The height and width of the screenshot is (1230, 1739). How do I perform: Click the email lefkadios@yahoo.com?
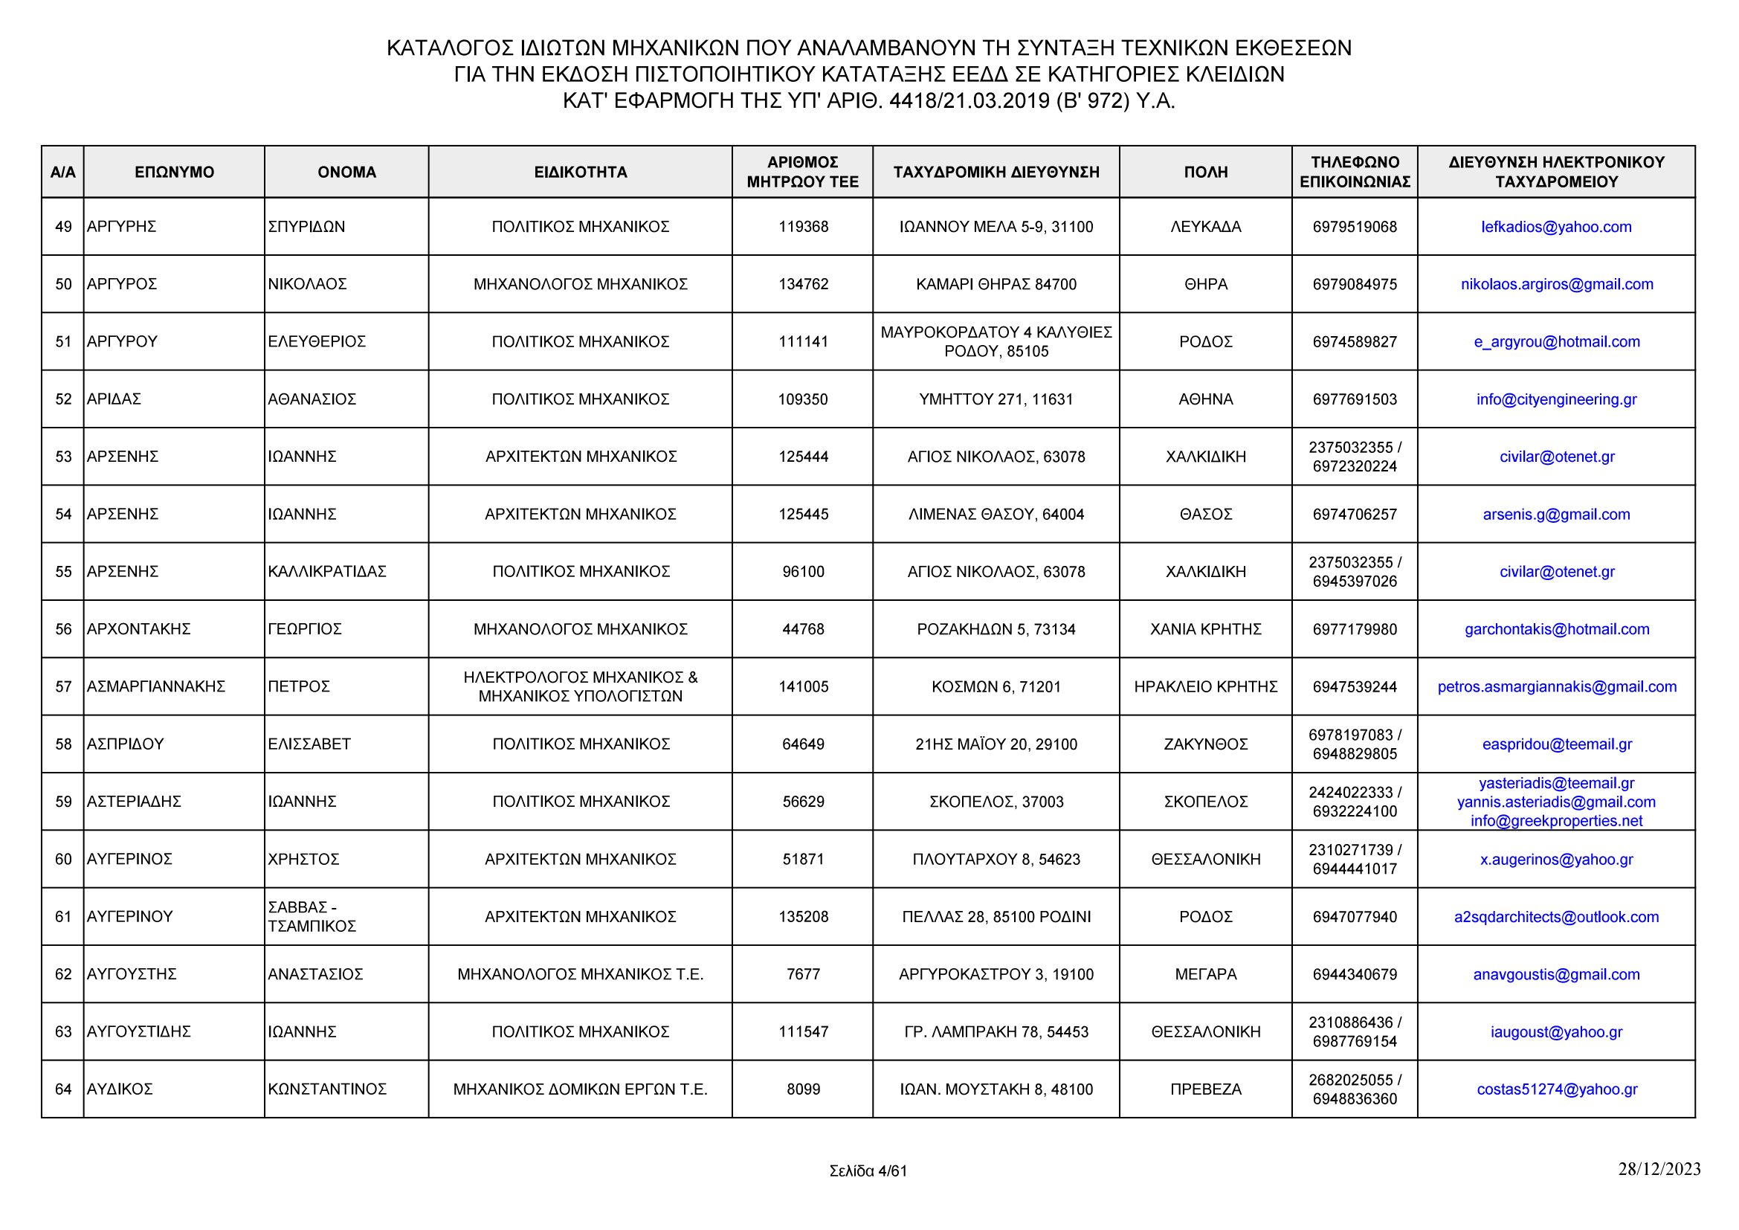(x=1555, y=228)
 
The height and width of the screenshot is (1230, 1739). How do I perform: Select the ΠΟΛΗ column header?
(x=1205, y=172)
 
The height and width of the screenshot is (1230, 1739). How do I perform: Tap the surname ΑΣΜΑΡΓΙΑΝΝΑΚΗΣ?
(x=156, y=687)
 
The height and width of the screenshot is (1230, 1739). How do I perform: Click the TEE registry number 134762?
(x=803, y=285)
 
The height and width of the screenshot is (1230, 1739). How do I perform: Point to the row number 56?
(x=63, y=629)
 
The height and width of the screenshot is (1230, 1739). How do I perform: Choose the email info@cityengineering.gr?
(x=1555, y=400)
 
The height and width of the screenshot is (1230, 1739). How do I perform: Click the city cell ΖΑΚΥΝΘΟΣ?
(x=1205, y=744)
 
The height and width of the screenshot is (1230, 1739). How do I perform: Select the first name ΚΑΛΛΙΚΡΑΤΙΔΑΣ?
(x=326, y=572)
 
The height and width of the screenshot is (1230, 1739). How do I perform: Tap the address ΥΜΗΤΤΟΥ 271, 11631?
(x=996, y=400)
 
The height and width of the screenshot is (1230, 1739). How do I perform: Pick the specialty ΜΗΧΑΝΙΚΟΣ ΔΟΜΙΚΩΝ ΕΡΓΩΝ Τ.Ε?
(x=580, y=1090)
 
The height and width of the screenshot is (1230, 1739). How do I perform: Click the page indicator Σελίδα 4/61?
(x=868, y=1172)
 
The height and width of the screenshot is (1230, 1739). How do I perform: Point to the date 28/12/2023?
(x=1659, y=1170)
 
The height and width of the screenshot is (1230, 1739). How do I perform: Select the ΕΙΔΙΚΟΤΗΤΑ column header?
(x=580, y=172)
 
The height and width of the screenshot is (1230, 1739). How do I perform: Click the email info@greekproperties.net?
(x=1555, y=821)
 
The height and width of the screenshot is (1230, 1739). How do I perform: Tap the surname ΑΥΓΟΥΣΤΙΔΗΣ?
(x=138, y=1032)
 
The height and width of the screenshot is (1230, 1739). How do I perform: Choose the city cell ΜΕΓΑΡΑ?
(x=1205, y=975)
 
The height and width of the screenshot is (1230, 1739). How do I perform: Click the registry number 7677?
(x=803, y=975)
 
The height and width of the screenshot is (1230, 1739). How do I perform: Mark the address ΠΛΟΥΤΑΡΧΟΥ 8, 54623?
(x=996, y=860)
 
